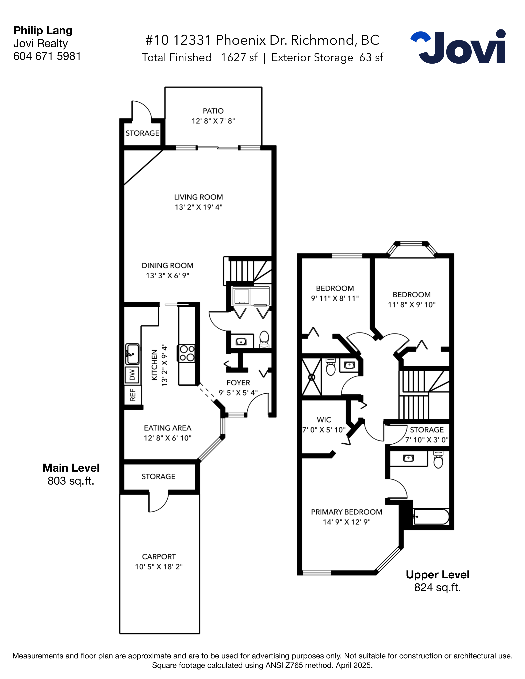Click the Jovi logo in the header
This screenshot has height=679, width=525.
click(458, 47)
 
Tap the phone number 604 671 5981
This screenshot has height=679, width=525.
click(47, 56)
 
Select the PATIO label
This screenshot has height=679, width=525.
click(213, 111)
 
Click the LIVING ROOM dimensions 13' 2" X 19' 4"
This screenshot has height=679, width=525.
click(198, 207)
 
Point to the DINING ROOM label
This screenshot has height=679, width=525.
click(167, 265)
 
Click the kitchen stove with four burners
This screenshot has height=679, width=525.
click(187, 353)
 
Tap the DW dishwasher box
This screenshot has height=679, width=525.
click(132, 375)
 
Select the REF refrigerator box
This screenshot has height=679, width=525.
click(133, 395)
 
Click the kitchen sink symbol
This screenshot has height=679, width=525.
click(132, 354)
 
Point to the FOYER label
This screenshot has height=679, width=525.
click(238, 383)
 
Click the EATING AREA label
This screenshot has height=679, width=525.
click(167, 428)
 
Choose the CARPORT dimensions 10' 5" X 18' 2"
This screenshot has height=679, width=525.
click(159, 567)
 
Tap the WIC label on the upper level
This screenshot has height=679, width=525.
click(324, 420)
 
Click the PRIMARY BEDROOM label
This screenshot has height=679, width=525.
click(346, 512)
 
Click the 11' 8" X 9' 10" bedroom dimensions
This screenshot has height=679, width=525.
click(412, 305)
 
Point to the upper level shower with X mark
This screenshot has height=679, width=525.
click(312, 377)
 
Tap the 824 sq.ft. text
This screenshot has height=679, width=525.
click(437, 588)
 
